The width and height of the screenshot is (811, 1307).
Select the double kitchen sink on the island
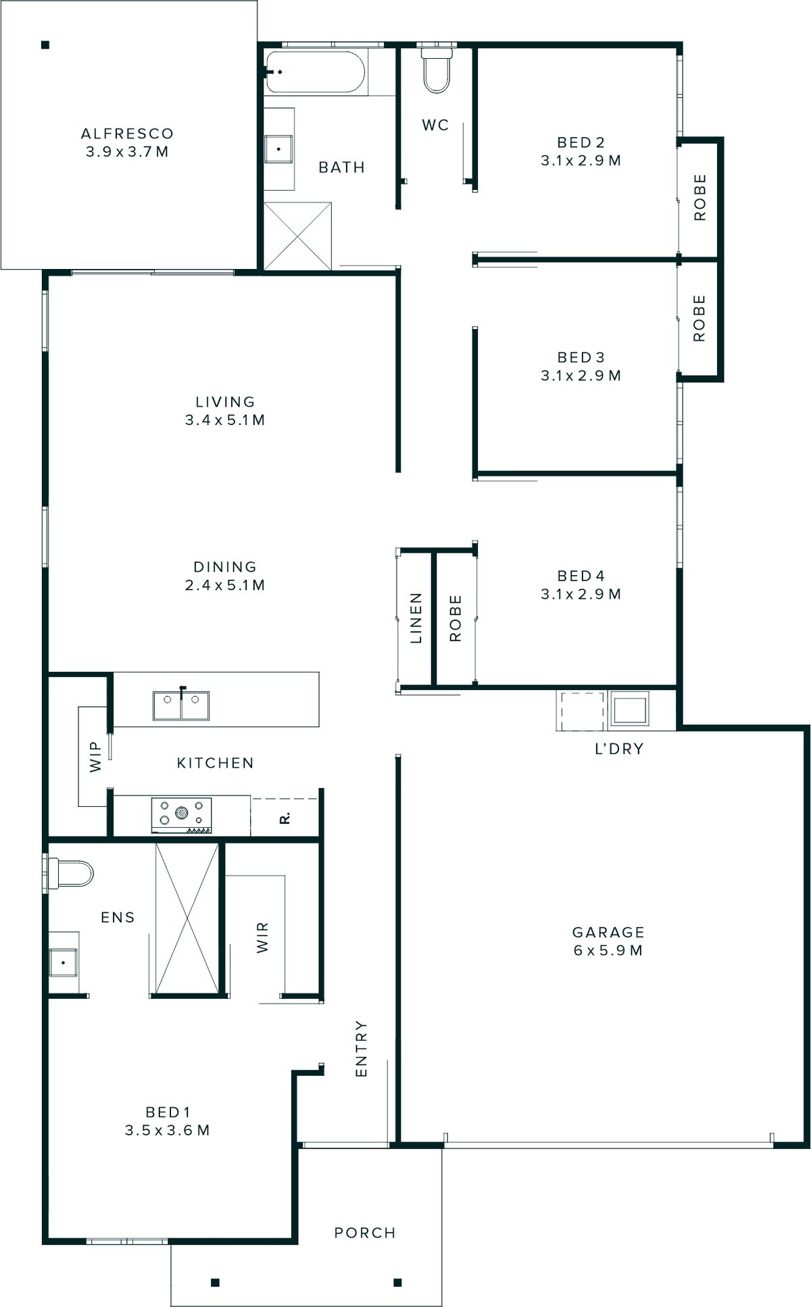180,706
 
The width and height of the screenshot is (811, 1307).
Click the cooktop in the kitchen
181,814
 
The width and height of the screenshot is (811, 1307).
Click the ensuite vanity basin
63,962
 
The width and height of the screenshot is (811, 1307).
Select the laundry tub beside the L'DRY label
629,709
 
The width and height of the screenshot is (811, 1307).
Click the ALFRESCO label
127,134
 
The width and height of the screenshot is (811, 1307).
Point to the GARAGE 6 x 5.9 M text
608,941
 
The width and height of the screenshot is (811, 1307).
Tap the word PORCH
365,1232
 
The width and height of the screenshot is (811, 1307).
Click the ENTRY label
362,1048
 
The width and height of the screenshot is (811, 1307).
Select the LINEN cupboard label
416,618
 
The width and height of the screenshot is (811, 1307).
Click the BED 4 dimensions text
581,594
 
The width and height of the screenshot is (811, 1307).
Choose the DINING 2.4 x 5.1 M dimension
225,585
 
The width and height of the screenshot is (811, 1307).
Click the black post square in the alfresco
45,45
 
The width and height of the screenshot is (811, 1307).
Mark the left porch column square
215,1282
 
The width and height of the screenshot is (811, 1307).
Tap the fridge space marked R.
285,818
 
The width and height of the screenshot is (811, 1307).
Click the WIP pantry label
95,756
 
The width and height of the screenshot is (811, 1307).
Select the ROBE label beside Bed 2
699,197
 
